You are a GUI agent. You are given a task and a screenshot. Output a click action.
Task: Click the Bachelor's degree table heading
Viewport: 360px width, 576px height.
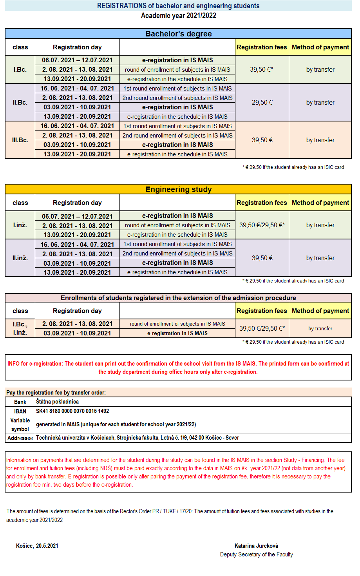(178, 34)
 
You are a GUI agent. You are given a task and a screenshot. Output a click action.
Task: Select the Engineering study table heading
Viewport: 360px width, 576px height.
(178, 189)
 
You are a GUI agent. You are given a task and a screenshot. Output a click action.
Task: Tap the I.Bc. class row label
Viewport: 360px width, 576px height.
(20, 69)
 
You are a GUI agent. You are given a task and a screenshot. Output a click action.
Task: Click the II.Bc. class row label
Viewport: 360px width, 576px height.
(20, 102)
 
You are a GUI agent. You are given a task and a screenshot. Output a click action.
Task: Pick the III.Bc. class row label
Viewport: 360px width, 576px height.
(20, 140)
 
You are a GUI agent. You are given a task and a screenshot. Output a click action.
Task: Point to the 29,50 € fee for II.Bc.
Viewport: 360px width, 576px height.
(262, 102)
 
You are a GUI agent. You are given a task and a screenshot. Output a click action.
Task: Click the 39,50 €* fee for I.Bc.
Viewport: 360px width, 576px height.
(262, 69)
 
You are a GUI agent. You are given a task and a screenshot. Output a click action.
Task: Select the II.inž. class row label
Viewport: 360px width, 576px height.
(20, 258)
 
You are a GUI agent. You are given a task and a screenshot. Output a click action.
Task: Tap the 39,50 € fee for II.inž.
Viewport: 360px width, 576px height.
(262, 258)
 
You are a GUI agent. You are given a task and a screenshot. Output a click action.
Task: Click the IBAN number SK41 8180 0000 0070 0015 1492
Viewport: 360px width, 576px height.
(72, 411)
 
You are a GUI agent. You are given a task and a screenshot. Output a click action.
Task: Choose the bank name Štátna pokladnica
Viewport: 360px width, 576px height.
(57, 402)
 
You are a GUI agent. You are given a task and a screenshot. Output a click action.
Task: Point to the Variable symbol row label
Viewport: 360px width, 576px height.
(20, 424)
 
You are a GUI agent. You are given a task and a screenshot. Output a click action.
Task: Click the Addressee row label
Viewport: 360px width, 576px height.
(20, 438)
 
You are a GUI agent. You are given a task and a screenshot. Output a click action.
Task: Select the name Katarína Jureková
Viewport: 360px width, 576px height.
(256, 546)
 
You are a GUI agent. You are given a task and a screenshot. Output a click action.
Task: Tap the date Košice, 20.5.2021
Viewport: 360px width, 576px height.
(37, 546)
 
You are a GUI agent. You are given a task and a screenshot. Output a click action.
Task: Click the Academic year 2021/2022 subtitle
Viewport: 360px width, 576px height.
(178, 16)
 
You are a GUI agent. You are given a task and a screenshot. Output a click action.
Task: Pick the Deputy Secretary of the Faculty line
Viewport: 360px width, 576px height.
(256, 554)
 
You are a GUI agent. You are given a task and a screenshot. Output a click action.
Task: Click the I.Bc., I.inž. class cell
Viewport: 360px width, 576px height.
(20, 328)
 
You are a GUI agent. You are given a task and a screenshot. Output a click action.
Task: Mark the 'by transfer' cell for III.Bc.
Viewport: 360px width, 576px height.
(320, 140)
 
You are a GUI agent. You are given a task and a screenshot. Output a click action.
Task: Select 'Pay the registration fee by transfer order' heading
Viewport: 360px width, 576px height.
(56, 392)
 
